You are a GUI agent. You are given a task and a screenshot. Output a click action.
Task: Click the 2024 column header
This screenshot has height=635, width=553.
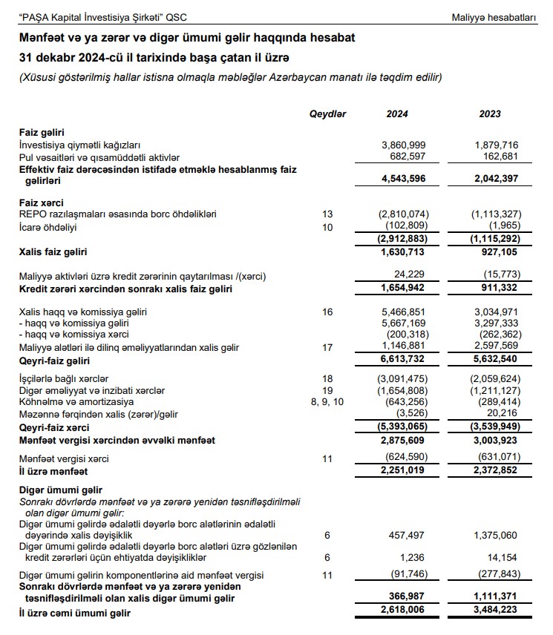(397, 114)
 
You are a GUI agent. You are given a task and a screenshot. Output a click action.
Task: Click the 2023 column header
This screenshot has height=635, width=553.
(490, 114)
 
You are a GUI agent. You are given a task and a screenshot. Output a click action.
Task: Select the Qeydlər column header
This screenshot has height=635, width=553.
(327, 114)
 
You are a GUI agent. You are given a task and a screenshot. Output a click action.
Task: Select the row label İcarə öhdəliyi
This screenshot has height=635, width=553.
(49, 226)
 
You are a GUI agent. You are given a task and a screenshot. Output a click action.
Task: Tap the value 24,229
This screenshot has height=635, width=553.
(413, 276)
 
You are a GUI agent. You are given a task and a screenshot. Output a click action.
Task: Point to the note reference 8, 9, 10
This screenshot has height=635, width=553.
(328, 403)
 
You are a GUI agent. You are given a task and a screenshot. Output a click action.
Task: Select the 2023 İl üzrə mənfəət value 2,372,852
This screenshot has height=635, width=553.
(494, 472)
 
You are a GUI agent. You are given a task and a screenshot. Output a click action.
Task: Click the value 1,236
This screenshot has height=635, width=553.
(416, 558)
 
